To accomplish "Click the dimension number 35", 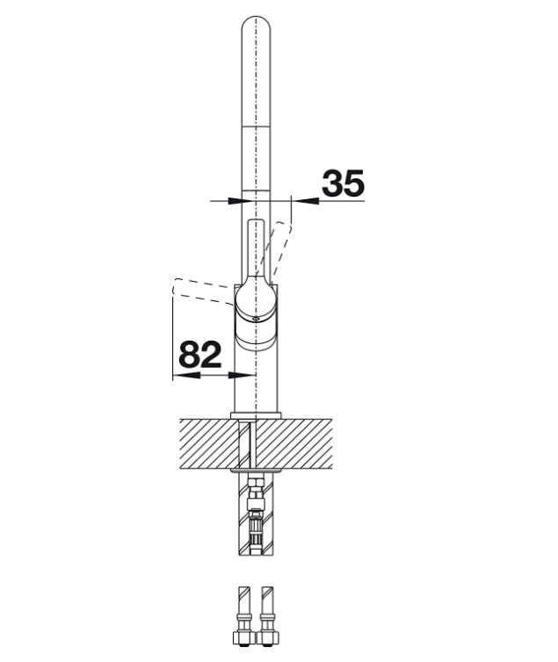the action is [343, 183].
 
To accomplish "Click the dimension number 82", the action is [200, 354].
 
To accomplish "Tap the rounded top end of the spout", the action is [256, 25].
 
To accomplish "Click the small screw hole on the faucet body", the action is [255, 319].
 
